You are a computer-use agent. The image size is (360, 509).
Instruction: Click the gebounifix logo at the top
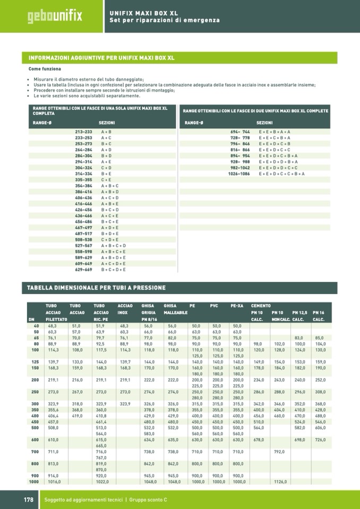pos(55,15)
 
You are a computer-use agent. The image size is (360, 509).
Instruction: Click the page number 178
pos(28,500)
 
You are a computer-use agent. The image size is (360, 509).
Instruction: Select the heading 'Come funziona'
pos(45,69)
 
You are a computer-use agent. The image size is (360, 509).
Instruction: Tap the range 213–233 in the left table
pos(83,132)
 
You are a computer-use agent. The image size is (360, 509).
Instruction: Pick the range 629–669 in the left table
pos(83,269)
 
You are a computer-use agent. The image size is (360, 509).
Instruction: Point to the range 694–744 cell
pos(239,132)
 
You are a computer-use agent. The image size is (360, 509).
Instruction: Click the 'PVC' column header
pos(214,306)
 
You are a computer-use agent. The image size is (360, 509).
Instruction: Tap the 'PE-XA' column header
pos(237,306)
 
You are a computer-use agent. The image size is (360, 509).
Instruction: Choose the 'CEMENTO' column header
pos(261,306)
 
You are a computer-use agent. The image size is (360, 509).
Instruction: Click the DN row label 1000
pos(34,481)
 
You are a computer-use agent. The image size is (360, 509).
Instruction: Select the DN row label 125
pos(35,361)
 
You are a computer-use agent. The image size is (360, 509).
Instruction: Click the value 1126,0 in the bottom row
pos(280,481)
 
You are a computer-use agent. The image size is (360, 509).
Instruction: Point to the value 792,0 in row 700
pos(280,452)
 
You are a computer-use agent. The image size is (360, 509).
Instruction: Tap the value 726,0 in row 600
pos(320,439)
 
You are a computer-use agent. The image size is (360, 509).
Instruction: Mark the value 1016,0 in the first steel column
pos(54,481)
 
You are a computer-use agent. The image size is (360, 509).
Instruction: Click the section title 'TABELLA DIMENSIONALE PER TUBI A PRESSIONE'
pos(96,288)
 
